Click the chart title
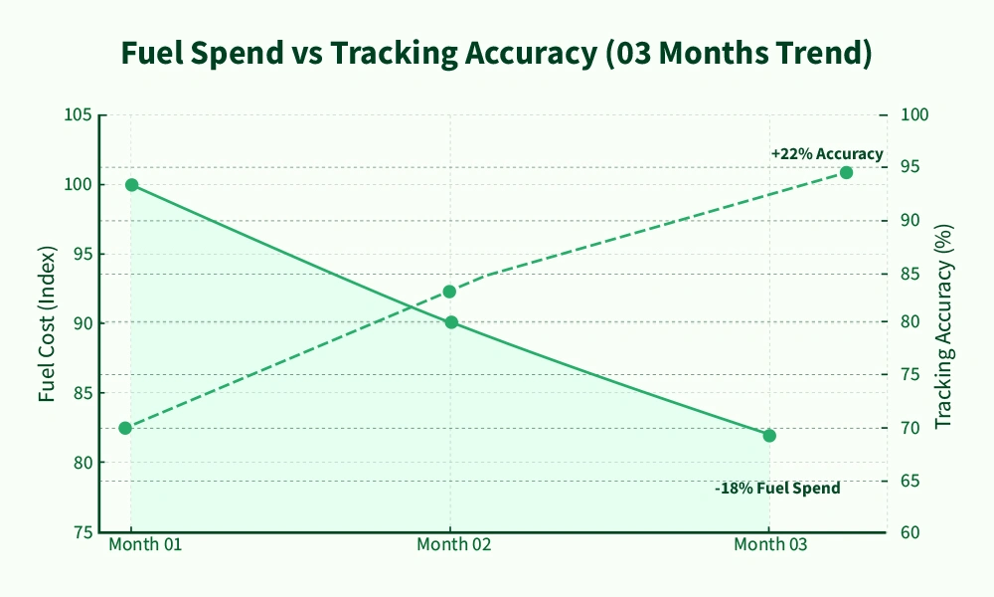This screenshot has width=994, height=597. coord(496,54)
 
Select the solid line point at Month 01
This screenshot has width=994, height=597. coord(131,185)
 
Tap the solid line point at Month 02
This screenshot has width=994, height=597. coord(451,322)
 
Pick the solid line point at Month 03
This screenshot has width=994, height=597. coord(769,436)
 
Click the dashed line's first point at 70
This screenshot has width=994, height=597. coord(125,428)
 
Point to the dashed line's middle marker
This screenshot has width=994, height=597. coord(449,292)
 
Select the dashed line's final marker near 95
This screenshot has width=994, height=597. coord(846,172)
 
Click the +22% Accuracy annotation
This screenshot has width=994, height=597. coord(827,154)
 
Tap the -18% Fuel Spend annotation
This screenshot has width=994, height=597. coord(777,489)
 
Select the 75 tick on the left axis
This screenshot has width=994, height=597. coord(83,532)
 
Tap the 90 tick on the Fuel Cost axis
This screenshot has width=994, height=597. coord(83,323)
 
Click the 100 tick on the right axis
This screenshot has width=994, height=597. coord(914,115)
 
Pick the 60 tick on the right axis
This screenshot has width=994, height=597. coord(911,532)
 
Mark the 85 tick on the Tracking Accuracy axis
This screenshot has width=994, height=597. coord(911,273)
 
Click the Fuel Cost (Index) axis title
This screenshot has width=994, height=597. coord(47,323)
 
